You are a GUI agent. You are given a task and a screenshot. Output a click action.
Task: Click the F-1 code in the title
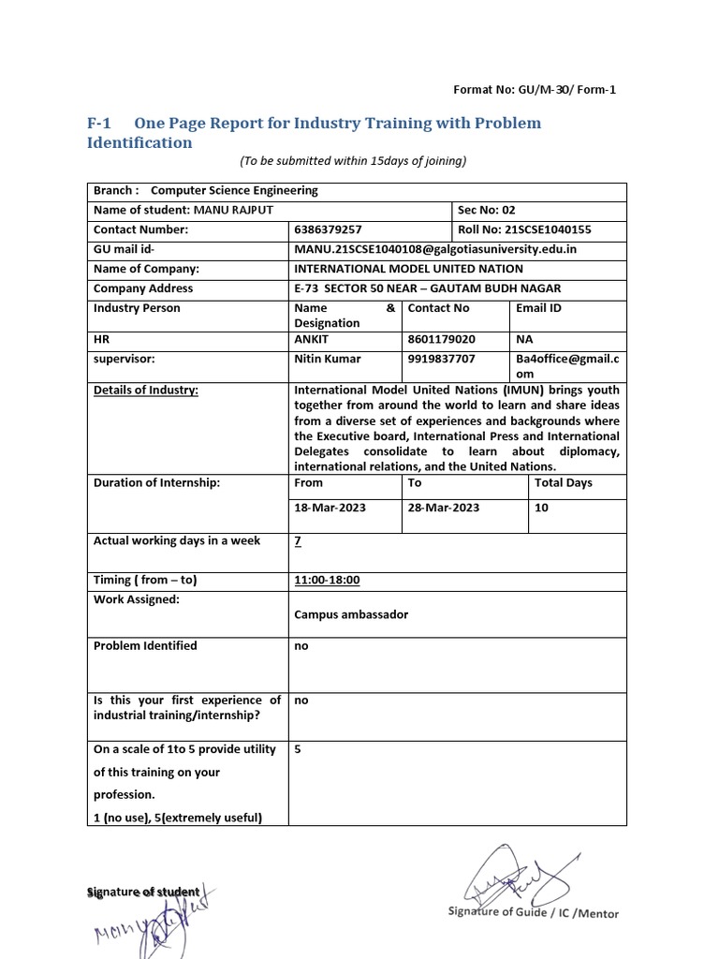pos(99,124)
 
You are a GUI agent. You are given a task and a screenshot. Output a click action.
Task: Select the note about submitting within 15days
pos(353,160)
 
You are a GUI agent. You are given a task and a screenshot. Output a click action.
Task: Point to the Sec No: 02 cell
pos(486,210)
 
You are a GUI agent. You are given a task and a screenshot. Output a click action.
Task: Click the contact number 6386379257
pos(329,229)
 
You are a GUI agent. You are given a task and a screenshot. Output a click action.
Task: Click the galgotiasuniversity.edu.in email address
pos(434,249)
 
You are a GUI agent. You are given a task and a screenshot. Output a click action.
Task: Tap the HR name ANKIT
pos(312,339)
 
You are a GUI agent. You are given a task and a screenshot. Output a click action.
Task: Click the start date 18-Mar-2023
pos(330,508)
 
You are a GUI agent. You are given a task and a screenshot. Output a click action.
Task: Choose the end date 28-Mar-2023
pos(444,508)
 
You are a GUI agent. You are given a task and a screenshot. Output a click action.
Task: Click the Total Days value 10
pos(542,508)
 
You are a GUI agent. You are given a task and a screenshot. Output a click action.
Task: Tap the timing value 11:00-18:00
pos(327,580)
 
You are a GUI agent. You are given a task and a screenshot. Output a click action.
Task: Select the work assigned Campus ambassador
pos(351,615)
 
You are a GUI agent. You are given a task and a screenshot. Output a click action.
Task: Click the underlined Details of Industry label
pos(146,390)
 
